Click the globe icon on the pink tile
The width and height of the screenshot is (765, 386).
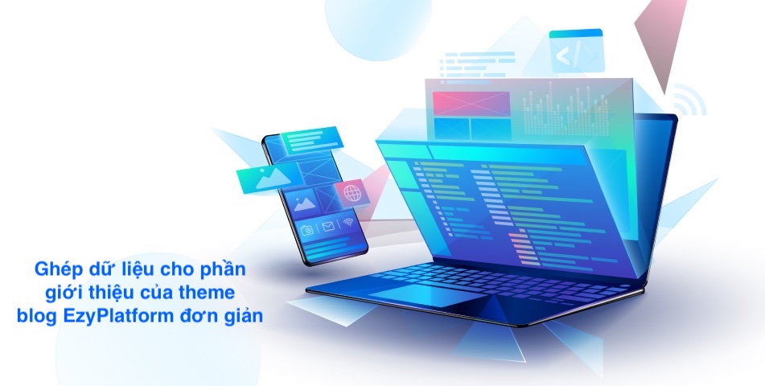tap(352, 193)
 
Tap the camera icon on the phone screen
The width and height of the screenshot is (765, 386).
tap(306, 229)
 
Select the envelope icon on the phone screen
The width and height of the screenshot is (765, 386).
tap(328, 226)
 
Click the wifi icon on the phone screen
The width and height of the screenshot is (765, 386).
tap(348, 222)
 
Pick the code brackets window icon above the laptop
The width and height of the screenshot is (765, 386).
tap(577, 51)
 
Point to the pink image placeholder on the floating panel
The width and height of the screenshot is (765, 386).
tap(471, 104)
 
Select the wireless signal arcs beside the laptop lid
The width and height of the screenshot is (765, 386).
tap(689, 101)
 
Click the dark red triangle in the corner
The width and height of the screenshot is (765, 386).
tap(660, 40)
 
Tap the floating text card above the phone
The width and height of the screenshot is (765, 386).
tap(311, 140)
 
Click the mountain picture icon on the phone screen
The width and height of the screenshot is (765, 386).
tap(304, 203)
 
